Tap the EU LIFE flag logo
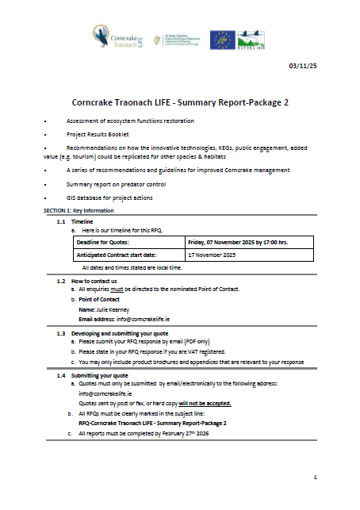[x=221, y=39]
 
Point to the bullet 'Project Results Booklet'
[x=99, y=136]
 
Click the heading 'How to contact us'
[x=94, y=282]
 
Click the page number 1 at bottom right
[x=315, y=477]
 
